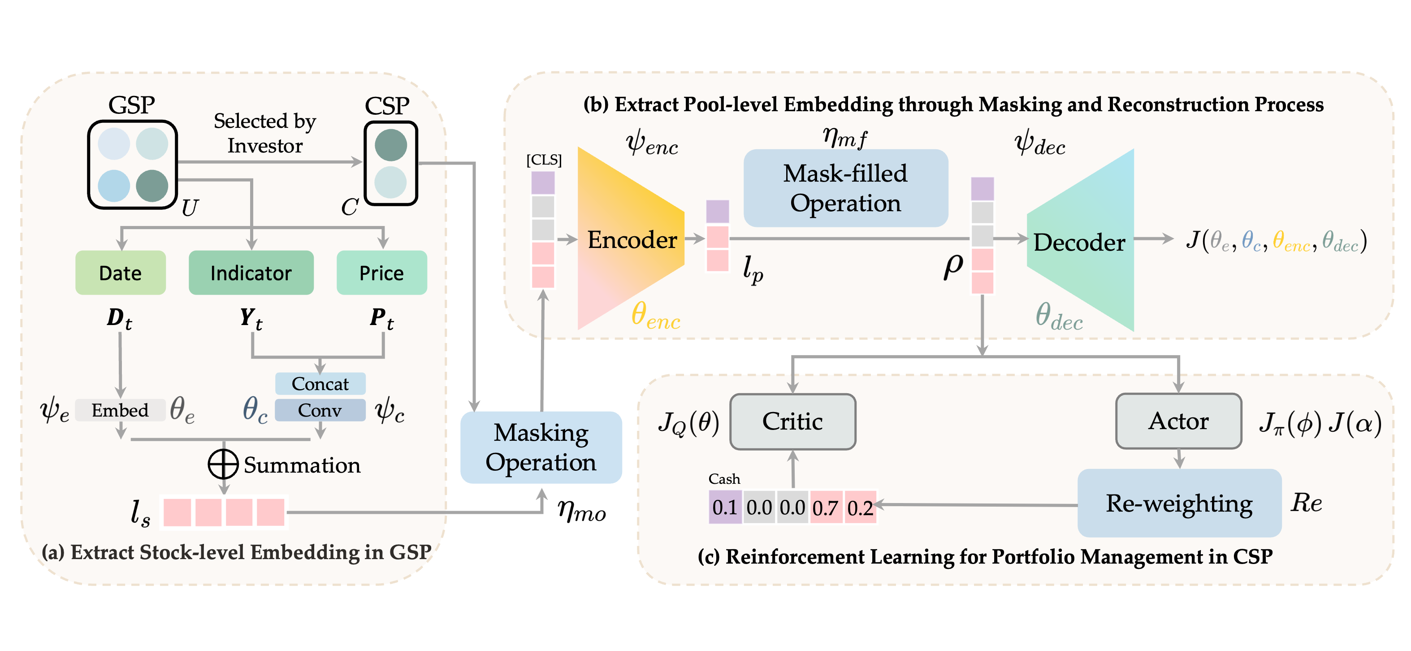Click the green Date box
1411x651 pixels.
121,273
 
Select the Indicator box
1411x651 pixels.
251,273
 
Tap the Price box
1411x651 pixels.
381,273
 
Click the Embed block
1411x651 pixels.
120,410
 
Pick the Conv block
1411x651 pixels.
320,410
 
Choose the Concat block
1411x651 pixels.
320,384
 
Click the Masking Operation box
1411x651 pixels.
541,447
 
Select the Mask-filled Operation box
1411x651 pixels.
845,188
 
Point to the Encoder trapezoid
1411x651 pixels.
632,239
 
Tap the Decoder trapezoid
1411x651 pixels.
1079,242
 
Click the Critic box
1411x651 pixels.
792,421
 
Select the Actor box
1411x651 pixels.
1178,421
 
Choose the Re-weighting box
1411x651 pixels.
1179,503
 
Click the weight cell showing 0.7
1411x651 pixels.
826,508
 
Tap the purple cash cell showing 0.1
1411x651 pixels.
725,508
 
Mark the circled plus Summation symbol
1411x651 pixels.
223,464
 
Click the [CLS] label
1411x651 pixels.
544,160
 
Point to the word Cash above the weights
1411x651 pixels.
724,479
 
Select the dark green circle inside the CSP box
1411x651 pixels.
390,145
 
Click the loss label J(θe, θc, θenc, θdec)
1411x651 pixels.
1276,241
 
